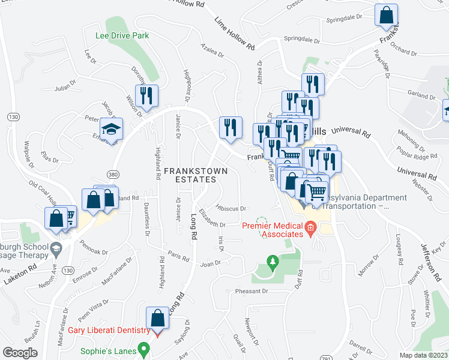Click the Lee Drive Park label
pyautogui.click(x=122, y=36)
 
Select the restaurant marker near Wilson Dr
pyautogui.click(x=146, y=95)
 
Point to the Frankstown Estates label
pyautogui.click(x=196, y=175)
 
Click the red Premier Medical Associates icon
pyautogui.click(x=310, y=226)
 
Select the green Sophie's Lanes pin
pyautogui.click(x=143, y=348)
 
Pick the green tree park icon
pyautogui.click(x=273, y=262)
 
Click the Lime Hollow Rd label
pyautogui.click(x=235, y=34)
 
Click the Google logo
pyautogui.click(x=20, y=352)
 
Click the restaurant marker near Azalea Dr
pyautogui.click(x=231, y=127)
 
